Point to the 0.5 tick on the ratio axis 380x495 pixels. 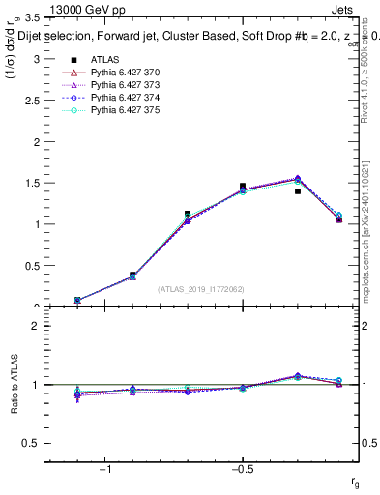(31, 443)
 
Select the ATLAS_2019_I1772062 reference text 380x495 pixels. (201, 289)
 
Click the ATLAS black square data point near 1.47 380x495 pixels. (243, 186)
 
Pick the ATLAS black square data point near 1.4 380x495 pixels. (298, 191)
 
